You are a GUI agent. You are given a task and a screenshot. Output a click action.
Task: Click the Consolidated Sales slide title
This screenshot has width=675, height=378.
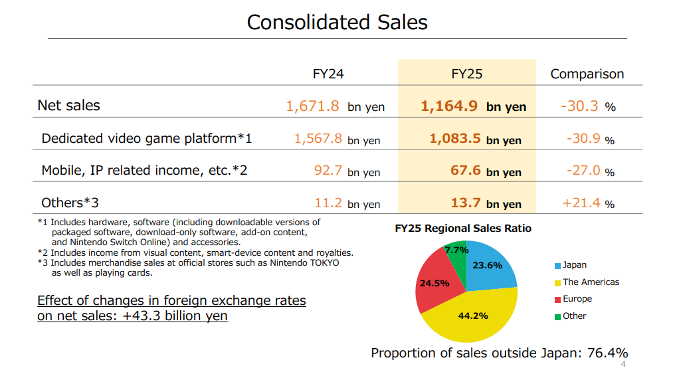pyautogui.click(x=337, y=22)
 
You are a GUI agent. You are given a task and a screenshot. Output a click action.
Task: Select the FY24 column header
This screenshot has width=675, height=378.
pyautogui.click(x=328, y=74)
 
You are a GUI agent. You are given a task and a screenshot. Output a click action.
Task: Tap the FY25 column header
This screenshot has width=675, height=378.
pyautogui.click(x=466, y=74)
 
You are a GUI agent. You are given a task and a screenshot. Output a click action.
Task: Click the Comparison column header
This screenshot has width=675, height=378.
pyautogui.click(x=587, y=74)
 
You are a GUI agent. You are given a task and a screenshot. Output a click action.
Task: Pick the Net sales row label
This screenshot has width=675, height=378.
pyautogui.click(x=68, y=105)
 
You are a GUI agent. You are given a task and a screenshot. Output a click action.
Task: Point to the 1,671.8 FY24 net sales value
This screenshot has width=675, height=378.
pyautogui.click(x=312, y=106)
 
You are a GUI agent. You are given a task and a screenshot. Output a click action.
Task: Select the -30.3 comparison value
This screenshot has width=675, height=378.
pyautogui.click(x=580, y=106)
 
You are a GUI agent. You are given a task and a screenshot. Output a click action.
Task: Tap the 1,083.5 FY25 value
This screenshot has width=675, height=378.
pyautogui.click(x=454, y=139)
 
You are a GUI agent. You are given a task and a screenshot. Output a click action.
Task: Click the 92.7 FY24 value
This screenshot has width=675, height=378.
pyautogui.click(x=328, y=170)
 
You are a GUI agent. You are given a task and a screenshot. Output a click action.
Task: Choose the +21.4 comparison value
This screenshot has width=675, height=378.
pyautogui.click(x=581, y=203)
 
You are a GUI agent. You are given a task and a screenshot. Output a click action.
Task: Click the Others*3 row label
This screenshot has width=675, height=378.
pyautogui.click(x=70, y=203)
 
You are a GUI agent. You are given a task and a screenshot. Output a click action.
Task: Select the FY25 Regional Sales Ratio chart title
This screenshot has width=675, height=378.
pyautogui.click(x=463, y=229)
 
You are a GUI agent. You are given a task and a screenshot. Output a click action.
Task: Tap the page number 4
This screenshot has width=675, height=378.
pyautogui.click(x=623, y=364)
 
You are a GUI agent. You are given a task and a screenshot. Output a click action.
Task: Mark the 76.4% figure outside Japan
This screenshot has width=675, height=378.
pyautogui.click(x=607, y=353)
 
